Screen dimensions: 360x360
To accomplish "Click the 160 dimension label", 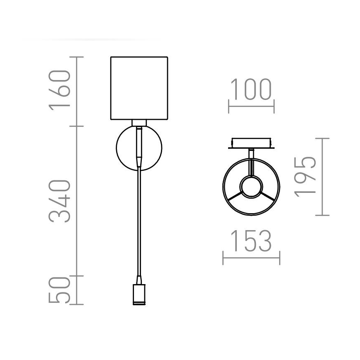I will tap(58, 90).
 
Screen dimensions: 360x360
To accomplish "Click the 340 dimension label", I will tap(58, 201).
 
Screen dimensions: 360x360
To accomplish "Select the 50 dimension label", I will tap(58, 290).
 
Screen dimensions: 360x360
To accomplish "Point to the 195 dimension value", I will tap(305, 176).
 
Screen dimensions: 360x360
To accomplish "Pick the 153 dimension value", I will tap(251, 241).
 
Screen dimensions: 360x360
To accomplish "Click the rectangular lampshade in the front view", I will tap(139, 88).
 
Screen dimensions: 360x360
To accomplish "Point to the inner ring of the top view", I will tap(251, 186).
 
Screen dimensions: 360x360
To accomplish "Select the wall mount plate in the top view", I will tap(251, 143).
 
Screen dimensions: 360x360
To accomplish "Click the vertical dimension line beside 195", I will tap(322, 176).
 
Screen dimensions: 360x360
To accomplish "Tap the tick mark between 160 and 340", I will tap(77, 126).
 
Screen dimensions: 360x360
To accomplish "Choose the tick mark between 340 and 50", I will tap(77, 275).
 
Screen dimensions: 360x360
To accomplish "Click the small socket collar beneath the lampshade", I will tap(139, 123).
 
